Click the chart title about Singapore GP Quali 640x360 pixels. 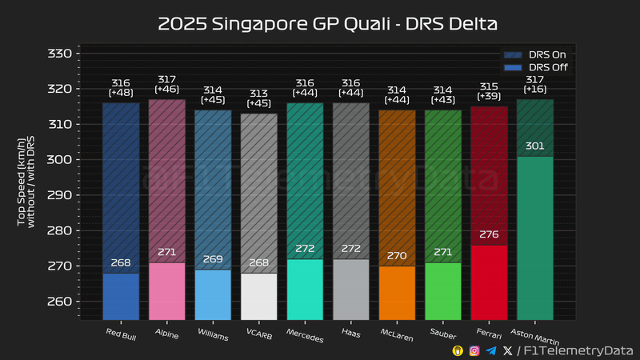(x=327, y=24)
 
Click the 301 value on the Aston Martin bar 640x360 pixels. (x=534, y=146)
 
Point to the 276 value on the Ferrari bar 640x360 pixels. (x=489, y=234)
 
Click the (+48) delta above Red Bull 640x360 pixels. (x=120, y=93)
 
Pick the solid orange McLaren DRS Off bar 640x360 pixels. (x=397, y=293)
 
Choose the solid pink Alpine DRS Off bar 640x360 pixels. (x=166, y=291)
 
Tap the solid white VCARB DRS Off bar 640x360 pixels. (x=258, y=296)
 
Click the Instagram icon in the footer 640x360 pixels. (x=474, y=351)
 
